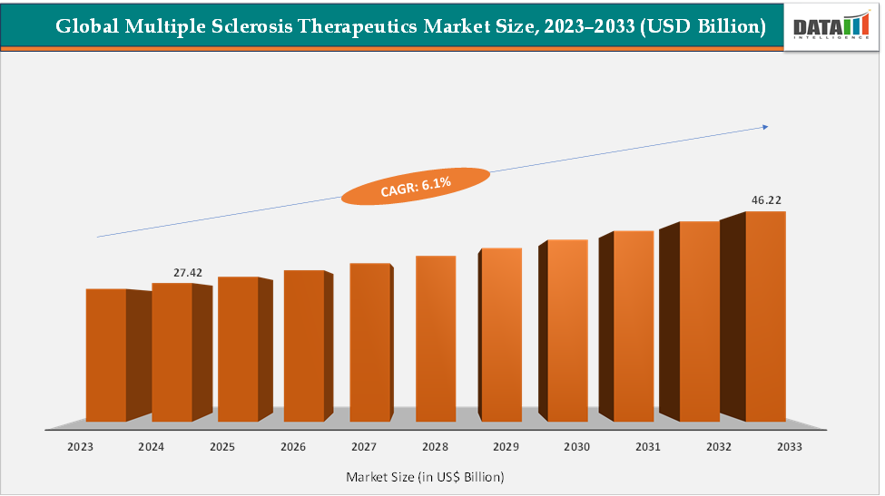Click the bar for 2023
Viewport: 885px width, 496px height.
tap(106, 355)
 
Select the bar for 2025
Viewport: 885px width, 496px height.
tap(238, 349)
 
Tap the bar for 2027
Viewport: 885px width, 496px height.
tap(370, 342)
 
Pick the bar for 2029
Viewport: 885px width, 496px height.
tap(501, 335)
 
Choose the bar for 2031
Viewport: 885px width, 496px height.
tap(634, 326)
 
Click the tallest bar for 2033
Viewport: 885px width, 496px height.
tap(765, 316)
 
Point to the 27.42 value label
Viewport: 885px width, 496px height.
tap(188, 272)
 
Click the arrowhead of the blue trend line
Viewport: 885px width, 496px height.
tap(765, 127)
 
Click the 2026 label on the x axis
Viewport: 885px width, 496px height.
tap(292, 447)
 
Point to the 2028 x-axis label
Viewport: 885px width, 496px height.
tap(434, 447)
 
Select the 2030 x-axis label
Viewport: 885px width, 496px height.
tap(576, 447)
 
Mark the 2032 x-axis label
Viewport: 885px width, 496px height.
tap(718, 447)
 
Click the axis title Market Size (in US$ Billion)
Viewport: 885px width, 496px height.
tap(425, 476)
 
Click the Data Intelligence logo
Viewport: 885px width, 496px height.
tap(831, 27)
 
